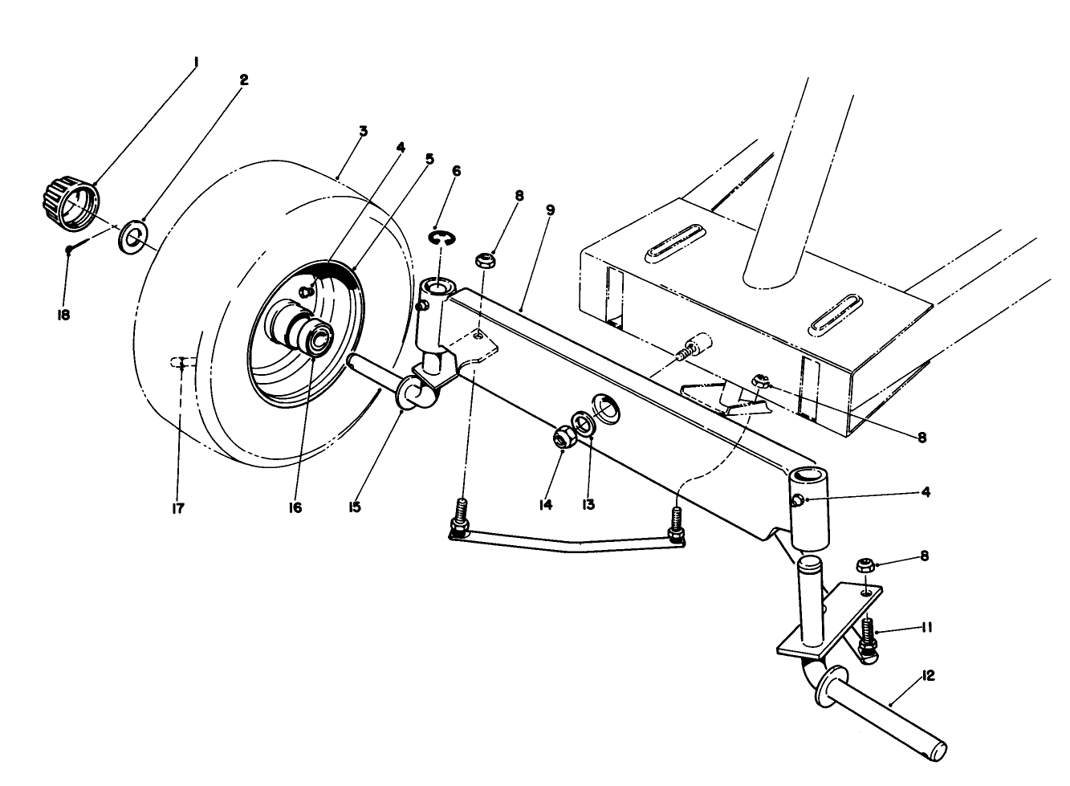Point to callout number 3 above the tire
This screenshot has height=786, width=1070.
[x=363, y=131]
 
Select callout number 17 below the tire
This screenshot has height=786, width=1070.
[x=178, y=508]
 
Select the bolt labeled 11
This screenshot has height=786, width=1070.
[x=868, y=634]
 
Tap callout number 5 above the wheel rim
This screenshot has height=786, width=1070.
[x=429, y=159]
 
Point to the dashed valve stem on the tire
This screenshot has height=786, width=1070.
[x=181, y=362]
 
